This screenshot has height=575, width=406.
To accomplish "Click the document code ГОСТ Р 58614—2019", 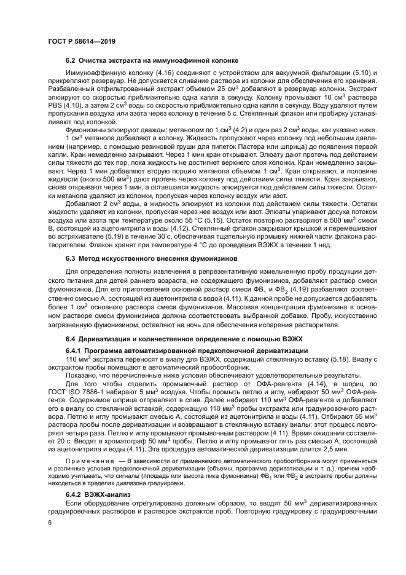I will pos(81,41).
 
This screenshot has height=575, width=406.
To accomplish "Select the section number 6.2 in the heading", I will pos(71,60).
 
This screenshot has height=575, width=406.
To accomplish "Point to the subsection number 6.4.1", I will pos(75,350).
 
